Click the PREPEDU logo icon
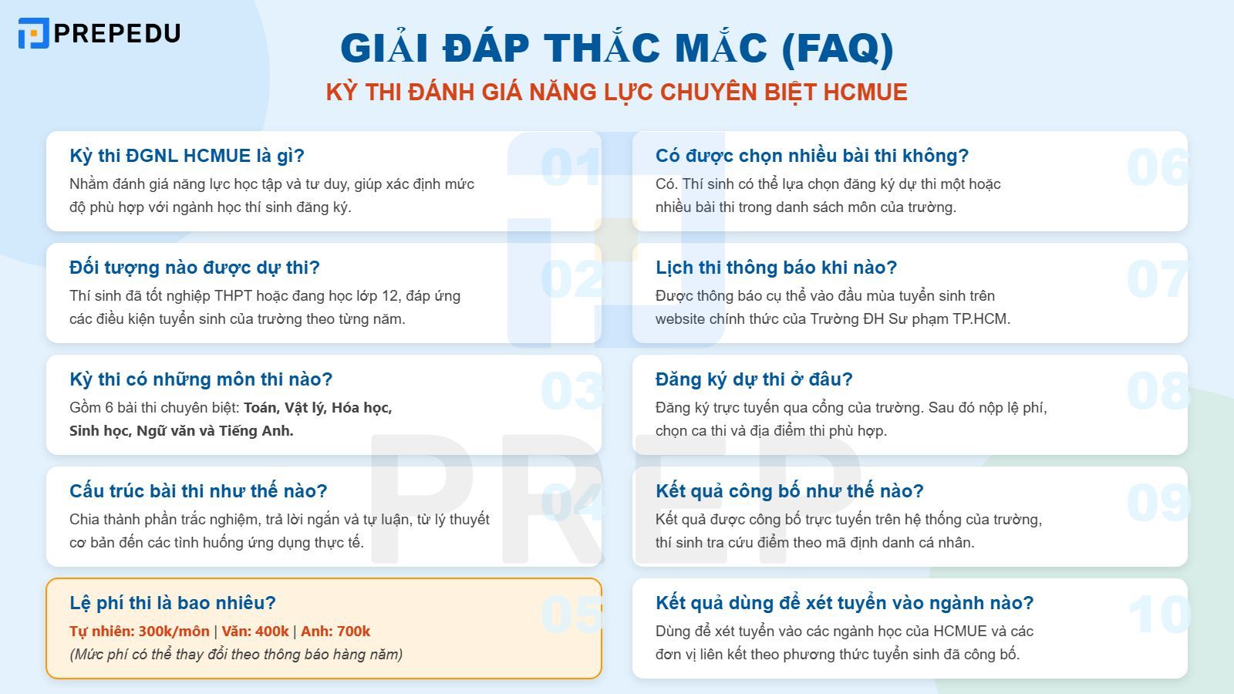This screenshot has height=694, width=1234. pyautogui.click(x=33, y=33)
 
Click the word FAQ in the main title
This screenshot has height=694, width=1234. pyautogui.click(x=838, y=48)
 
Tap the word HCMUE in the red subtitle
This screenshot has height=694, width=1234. pyautogui.click(x=865, y=93)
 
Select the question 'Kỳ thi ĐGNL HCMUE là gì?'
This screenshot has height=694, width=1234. pyautogui.click(x=187, y=156)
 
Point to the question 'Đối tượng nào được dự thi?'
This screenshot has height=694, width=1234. pyautogui.click(x=194, y=268)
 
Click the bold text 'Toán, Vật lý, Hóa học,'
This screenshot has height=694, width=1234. pyautogui.click(x=318, y=408)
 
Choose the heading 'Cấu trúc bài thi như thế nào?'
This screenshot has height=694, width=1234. pyautogui.click(x=198, y=491)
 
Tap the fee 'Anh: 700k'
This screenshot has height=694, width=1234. pyautogui.click(x=335, y=632)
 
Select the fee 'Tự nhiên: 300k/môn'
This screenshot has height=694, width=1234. pyautogui.click(x=140, y=632)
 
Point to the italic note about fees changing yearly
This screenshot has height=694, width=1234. pyautogui.click(x=236, y=655)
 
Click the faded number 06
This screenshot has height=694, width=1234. pyautogui.click(x=1158, y=167)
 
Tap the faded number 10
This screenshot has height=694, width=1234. pyautogui.click(x=1158, y=615)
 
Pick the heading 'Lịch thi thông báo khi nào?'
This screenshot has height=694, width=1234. pyautogui.click(x=776, y=268)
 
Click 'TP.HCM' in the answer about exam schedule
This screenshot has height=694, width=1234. pyautogui.click(x=981, y=319)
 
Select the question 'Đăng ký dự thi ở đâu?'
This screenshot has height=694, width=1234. pyautogui.click(x=754, y=379)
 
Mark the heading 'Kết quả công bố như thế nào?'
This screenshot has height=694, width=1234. pyautogui.click(x=789, y=491)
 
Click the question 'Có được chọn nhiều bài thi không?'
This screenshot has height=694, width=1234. pyautogui.click(x=811, y=156)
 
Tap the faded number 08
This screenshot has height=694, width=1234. pyautogui.click(x=1158, y=391)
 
